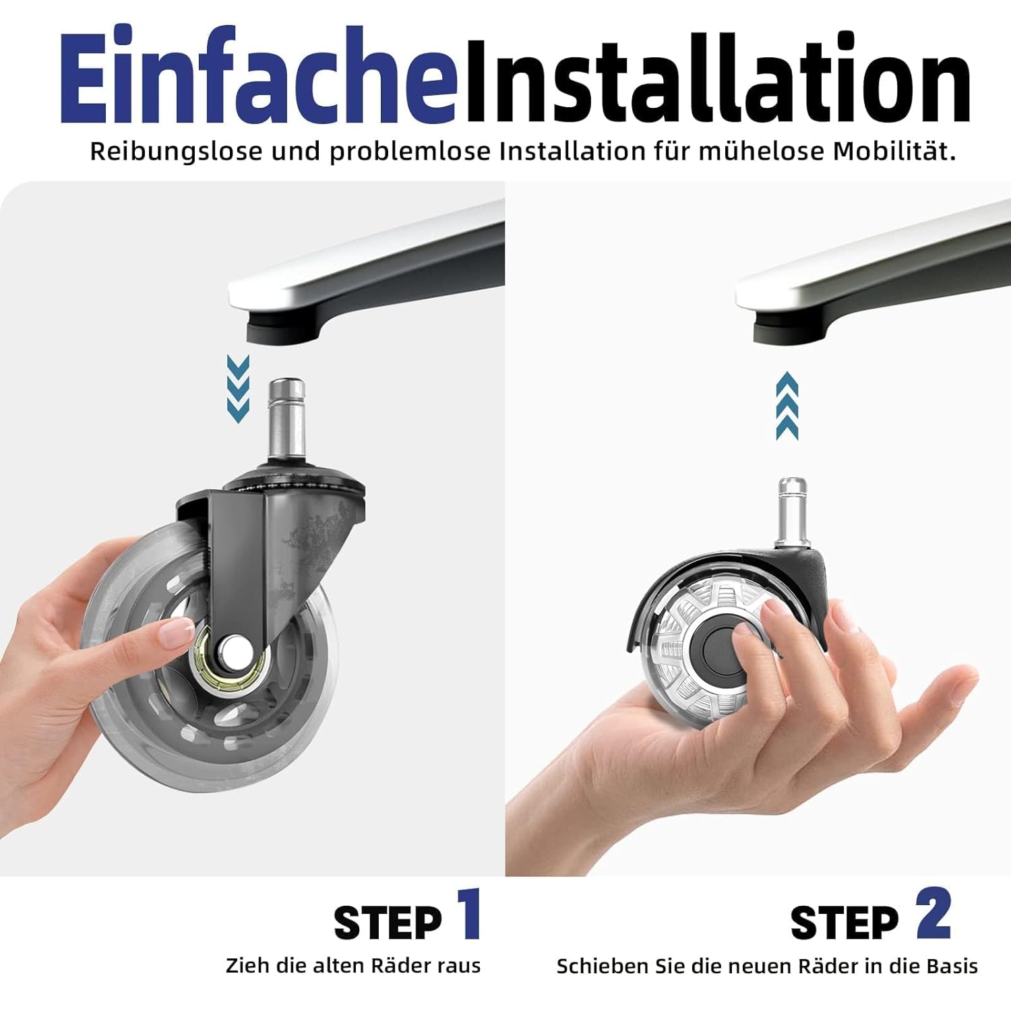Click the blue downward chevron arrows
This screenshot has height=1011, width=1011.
(x=238, y=390)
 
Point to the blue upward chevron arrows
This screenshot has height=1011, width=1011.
(x=787, y=406)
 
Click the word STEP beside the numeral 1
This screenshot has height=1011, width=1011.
(x=388, y=923)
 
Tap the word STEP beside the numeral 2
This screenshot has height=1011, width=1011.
(x=845, y=923)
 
